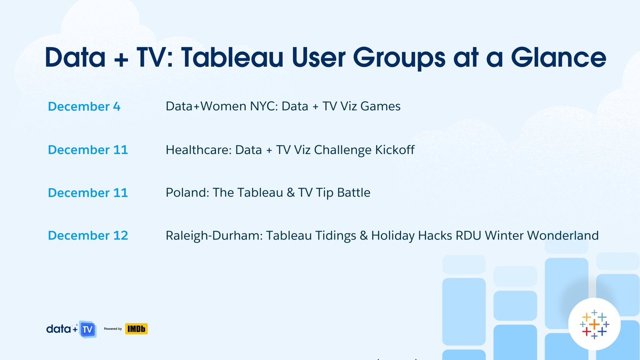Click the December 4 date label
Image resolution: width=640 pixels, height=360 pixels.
(84, 107)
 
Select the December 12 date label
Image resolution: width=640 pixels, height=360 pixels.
(88, 235)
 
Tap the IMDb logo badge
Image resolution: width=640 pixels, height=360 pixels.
(136, 329)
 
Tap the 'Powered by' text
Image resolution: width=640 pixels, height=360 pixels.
(113, 329)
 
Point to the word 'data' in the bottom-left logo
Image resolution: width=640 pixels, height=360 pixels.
(59, 329)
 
